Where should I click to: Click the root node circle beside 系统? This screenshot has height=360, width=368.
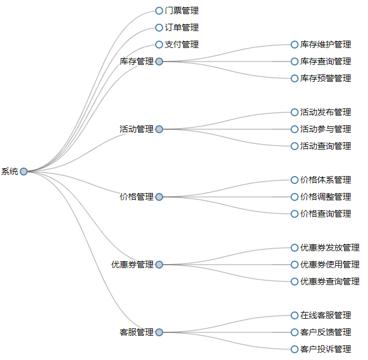click(24, 172)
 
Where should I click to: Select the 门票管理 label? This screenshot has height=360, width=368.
click(181, 11)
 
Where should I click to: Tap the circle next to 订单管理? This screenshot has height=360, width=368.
click(159, 28)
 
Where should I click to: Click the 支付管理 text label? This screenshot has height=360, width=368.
click(181, 45)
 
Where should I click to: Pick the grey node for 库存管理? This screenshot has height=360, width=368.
click(159, 62)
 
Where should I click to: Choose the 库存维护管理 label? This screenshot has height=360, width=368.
click(325, 45)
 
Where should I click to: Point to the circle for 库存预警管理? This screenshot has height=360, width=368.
click(295, 78)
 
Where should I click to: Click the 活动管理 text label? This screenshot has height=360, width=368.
click(136, 129)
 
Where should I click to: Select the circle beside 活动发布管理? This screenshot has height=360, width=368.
click(295, 112)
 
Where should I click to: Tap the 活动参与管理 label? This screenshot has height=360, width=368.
click(325, 129)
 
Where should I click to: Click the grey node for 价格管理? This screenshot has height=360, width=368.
click(159, 197)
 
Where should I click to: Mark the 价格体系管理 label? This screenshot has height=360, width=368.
click(325, 180)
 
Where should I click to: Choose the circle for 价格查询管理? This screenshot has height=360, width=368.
click(295, 214)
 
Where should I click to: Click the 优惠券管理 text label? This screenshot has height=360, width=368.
click(132, 265)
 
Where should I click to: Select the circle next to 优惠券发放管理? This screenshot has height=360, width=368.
click(295, 248)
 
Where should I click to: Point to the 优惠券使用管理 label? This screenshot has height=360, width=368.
click(330, 265)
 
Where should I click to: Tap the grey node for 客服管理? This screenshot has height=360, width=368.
click(159, 332)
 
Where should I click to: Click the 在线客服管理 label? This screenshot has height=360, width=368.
click(325, 315)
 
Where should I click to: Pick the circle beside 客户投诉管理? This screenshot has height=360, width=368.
click(295, 349)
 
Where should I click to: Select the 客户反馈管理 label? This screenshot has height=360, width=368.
click(325, 332)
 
